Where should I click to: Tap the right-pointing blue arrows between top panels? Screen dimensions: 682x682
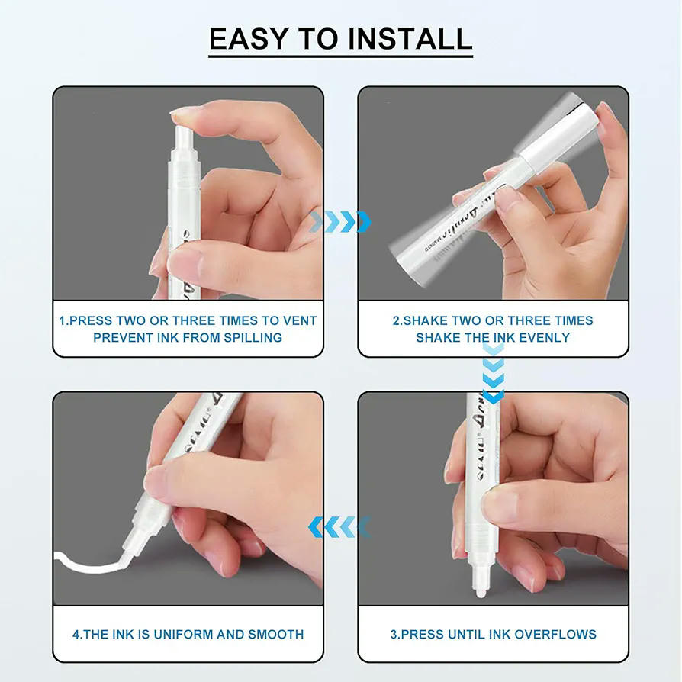pos(341,222)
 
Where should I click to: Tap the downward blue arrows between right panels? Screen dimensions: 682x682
pos(494,373)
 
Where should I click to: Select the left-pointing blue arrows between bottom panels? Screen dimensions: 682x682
pos(339,526)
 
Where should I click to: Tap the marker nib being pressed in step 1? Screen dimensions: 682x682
pos(184,137)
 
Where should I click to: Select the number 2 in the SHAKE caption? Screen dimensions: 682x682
pos(396,320)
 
